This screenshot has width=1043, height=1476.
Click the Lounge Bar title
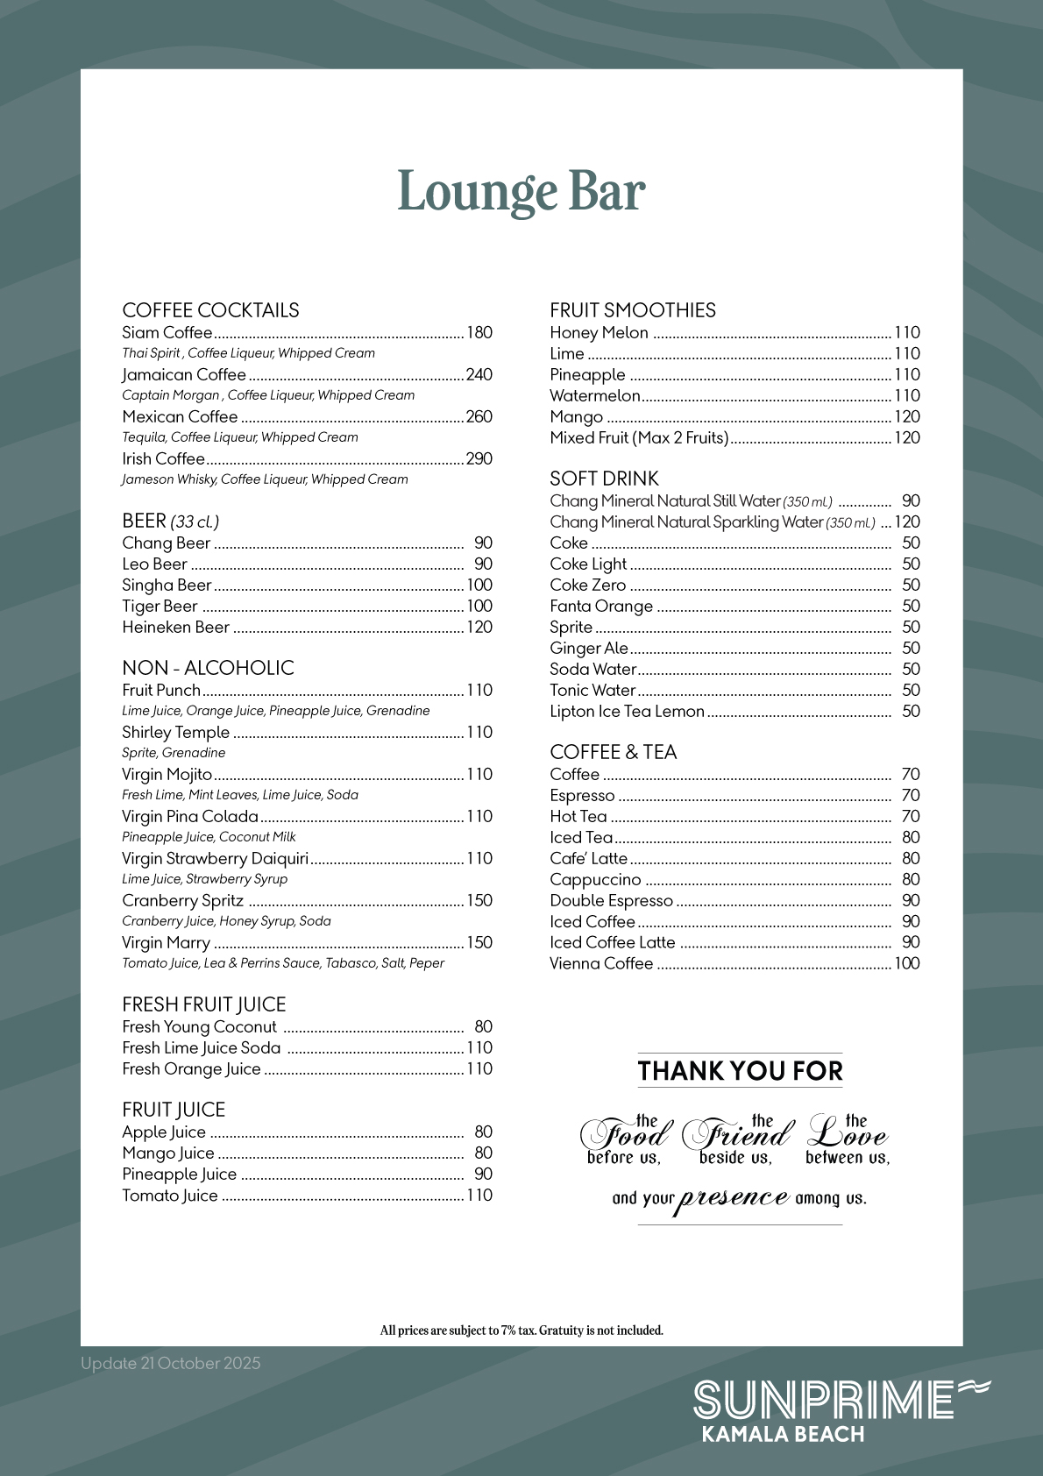click(521, 192)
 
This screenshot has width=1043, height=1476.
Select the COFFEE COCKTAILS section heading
click(210, 310)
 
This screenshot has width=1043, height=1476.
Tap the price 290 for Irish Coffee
click(479, 458)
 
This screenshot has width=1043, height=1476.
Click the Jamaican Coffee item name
click(184, 374)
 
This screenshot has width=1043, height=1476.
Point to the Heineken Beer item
click(175, 627)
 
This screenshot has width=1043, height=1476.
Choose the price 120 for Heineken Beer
click(479, 627)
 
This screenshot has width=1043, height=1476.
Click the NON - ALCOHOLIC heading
click(208, 668)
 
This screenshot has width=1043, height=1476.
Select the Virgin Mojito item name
click(167, 774)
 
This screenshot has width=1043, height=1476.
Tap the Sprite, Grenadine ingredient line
click(174, 753)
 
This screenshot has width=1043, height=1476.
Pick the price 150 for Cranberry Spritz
click(479, 900)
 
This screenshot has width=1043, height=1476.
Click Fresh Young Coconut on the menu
click(199, 1026)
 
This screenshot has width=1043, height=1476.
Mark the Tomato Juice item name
click(169, 1195)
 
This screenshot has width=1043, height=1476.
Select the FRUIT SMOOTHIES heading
click(632, 310)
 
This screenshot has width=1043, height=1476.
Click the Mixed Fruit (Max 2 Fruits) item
click(639, 437)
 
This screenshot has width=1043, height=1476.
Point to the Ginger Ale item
click(588, 648)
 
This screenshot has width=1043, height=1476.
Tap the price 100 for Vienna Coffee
click(906, 963)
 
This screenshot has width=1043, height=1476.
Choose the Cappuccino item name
click(595, 879)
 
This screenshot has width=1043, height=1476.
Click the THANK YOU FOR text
click(740, 1070)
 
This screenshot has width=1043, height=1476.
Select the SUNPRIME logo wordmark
click(824, 1400)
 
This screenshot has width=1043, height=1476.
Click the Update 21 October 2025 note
click(171, 1363)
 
